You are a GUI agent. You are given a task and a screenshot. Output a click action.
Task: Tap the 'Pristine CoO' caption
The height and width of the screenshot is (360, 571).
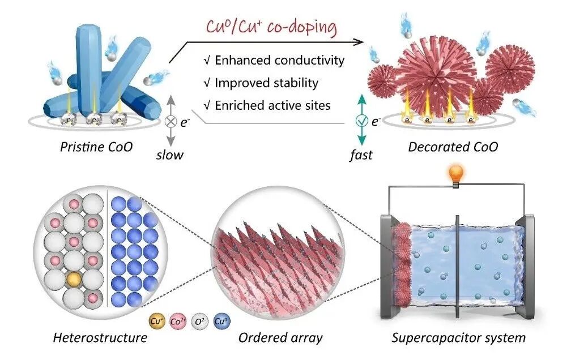96,147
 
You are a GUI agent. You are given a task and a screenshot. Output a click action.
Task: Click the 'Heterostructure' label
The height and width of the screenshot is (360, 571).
100,338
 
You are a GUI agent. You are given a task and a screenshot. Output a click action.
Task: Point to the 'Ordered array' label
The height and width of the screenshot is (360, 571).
280,338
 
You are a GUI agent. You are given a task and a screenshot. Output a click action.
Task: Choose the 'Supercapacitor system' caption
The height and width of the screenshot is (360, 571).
458,338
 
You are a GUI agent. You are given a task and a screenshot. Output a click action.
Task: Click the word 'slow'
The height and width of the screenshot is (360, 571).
171,154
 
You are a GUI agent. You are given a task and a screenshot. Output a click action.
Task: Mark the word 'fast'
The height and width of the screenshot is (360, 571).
360,154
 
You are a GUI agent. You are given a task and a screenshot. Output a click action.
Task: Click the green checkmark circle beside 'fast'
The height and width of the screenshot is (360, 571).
360,121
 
